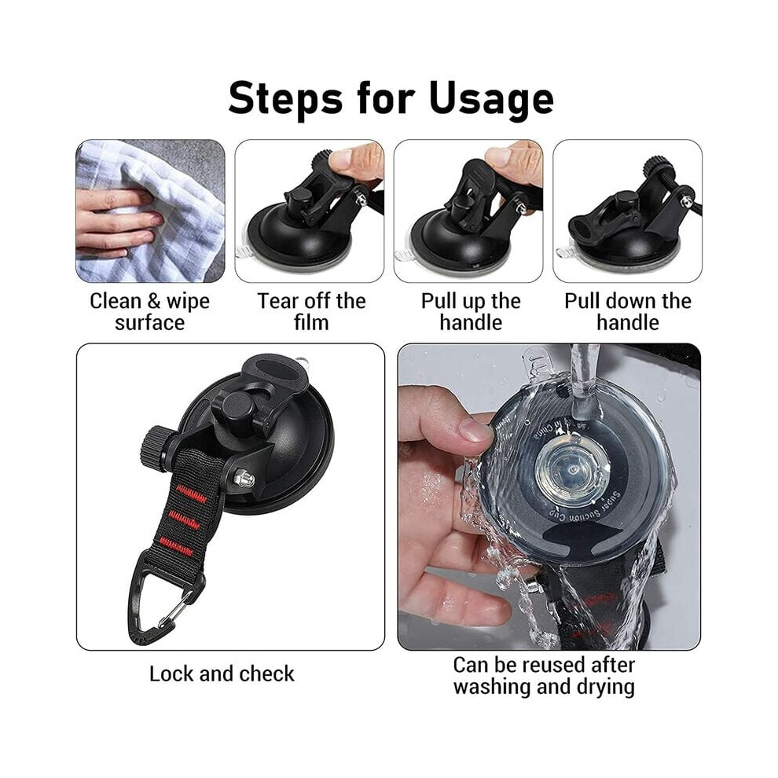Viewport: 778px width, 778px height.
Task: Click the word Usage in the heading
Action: [490, 100]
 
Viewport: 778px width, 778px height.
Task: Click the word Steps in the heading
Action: [285, 97]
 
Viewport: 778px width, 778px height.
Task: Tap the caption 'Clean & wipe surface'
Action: [150, 312]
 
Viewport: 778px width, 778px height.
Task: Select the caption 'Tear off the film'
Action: [311, 312]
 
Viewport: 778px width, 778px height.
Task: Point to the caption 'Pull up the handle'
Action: [471, 312]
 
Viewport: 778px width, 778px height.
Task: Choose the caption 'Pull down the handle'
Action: [628, 312]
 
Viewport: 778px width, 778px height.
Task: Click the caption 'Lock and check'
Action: [222, 673]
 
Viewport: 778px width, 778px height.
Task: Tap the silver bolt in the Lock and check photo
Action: [244, 479]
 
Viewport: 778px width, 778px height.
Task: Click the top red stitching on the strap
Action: [192, 494]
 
